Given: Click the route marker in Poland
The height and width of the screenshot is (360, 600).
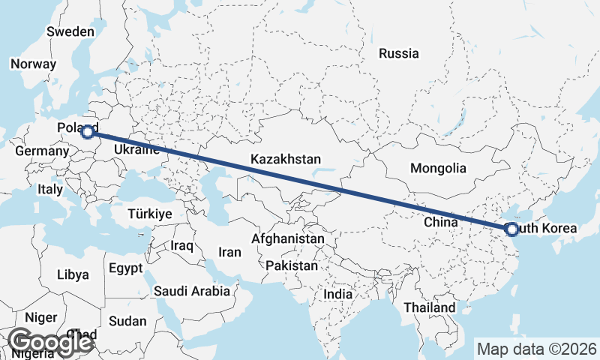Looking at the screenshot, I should click(88, 132).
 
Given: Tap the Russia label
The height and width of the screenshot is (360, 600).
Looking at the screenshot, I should click(398, 53).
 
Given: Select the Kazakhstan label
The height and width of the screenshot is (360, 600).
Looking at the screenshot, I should click(286, 159).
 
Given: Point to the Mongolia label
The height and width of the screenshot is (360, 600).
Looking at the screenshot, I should click(438, 168).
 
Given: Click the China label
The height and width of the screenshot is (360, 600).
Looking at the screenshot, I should click(440, 222).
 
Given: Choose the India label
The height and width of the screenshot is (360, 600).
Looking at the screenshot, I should click(337, 295).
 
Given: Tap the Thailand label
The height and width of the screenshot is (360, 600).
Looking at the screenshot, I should click(429, 307).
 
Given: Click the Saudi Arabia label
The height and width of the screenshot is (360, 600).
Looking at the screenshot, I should click(192, 291).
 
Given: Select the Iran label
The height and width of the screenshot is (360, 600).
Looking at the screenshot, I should click(229, 252).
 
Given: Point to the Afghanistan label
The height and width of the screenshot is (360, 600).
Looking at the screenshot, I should click(289, 238).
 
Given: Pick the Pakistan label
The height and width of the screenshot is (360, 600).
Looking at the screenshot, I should click(292, 265).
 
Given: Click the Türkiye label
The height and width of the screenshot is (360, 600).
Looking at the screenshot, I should click(150, 214).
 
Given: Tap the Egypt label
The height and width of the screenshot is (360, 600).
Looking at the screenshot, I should click(124, 268).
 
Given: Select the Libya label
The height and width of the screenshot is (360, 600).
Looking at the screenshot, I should click(72, 274).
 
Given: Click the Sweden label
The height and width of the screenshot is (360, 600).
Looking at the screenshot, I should click(70, 32).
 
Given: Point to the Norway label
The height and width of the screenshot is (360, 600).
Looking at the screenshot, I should click(33, 64).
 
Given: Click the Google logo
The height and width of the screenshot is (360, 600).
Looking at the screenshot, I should click(51, 343).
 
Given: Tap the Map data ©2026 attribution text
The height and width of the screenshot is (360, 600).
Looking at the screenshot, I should click(537, 349).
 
